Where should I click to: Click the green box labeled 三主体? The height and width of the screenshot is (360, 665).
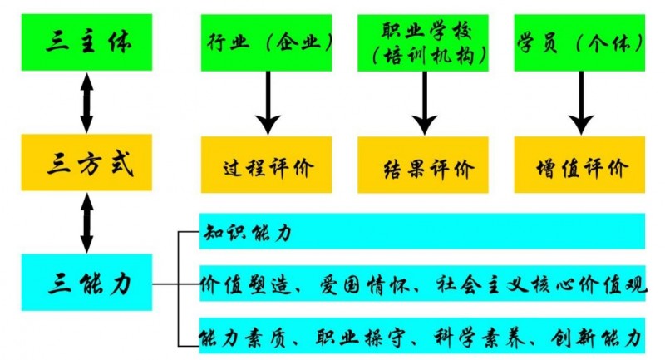[87, 42]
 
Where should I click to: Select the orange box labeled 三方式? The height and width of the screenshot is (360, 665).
[87, 163]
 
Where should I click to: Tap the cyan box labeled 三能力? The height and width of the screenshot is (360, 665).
[87, 283]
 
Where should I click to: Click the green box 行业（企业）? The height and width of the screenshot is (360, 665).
[266, 42]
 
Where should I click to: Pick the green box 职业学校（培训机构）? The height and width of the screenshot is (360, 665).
[424, 42]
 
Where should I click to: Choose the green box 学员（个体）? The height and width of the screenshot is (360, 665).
[580, 42]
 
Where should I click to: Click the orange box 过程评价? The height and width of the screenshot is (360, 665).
[266, 165]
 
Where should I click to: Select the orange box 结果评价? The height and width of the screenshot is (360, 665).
[424, 165]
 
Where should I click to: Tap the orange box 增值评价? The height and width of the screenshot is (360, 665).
[580, 165]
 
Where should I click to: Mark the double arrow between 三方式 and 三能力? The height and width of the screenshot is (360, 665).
[86, 222]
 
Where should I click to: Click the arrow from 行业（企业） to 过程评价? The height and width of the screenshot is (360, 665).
[267, 102]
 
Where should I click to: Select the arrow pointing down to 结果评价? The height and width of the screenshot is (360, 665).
[424, 102]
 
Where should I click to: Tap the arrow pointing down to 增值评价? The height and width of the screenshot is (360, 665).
[580, 102]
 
